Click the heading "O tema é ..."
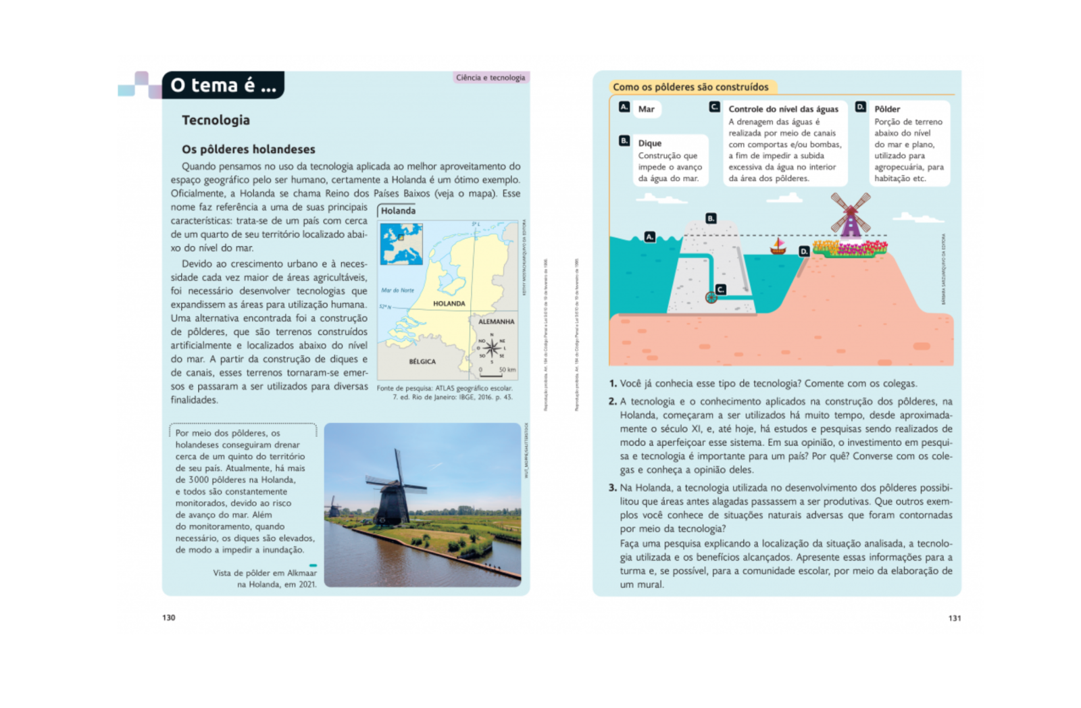(223, 86)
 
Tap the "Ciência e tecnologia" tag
(490, 78)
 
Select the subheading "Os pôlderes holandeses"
(248, 149)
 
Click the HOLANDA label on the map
(449, 304)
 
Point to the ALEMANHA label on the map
(496, 322)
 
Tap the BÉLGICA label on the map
(422, 361)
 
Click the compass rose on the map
(492, 348)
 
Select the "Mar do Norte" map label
(397, 290)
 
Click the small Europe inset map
(401, 243)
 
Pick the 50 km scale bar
(491, 374)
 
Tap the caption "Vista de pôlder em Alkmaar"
(265, 573)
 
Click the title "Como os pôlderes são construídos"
(690, 87)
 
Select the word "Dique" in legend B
(650, 143)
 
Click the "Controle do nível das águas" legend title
(783, 109)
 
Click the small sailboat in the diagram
(778, 247)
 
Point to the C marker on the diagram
(721, 289)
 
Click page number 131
(954, 618)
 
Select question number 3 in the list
(613, 488)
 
